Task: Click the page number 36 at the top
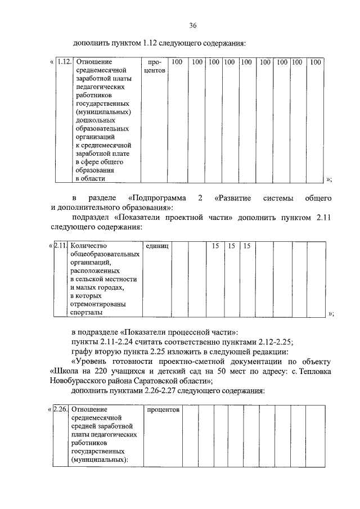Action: pyautogui.click(x=193, y=26)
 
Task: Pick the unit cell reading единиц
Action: pyautogui.click(x=157, y=246)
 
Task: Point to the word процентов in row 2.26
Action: pyautogui.click(x=163, y=409)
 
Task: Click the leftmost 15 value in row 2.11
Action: pyautogui.click(x=214, y=246)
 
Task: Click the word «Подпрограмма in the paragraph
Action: pyautogui.click(x=154, y=199)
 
